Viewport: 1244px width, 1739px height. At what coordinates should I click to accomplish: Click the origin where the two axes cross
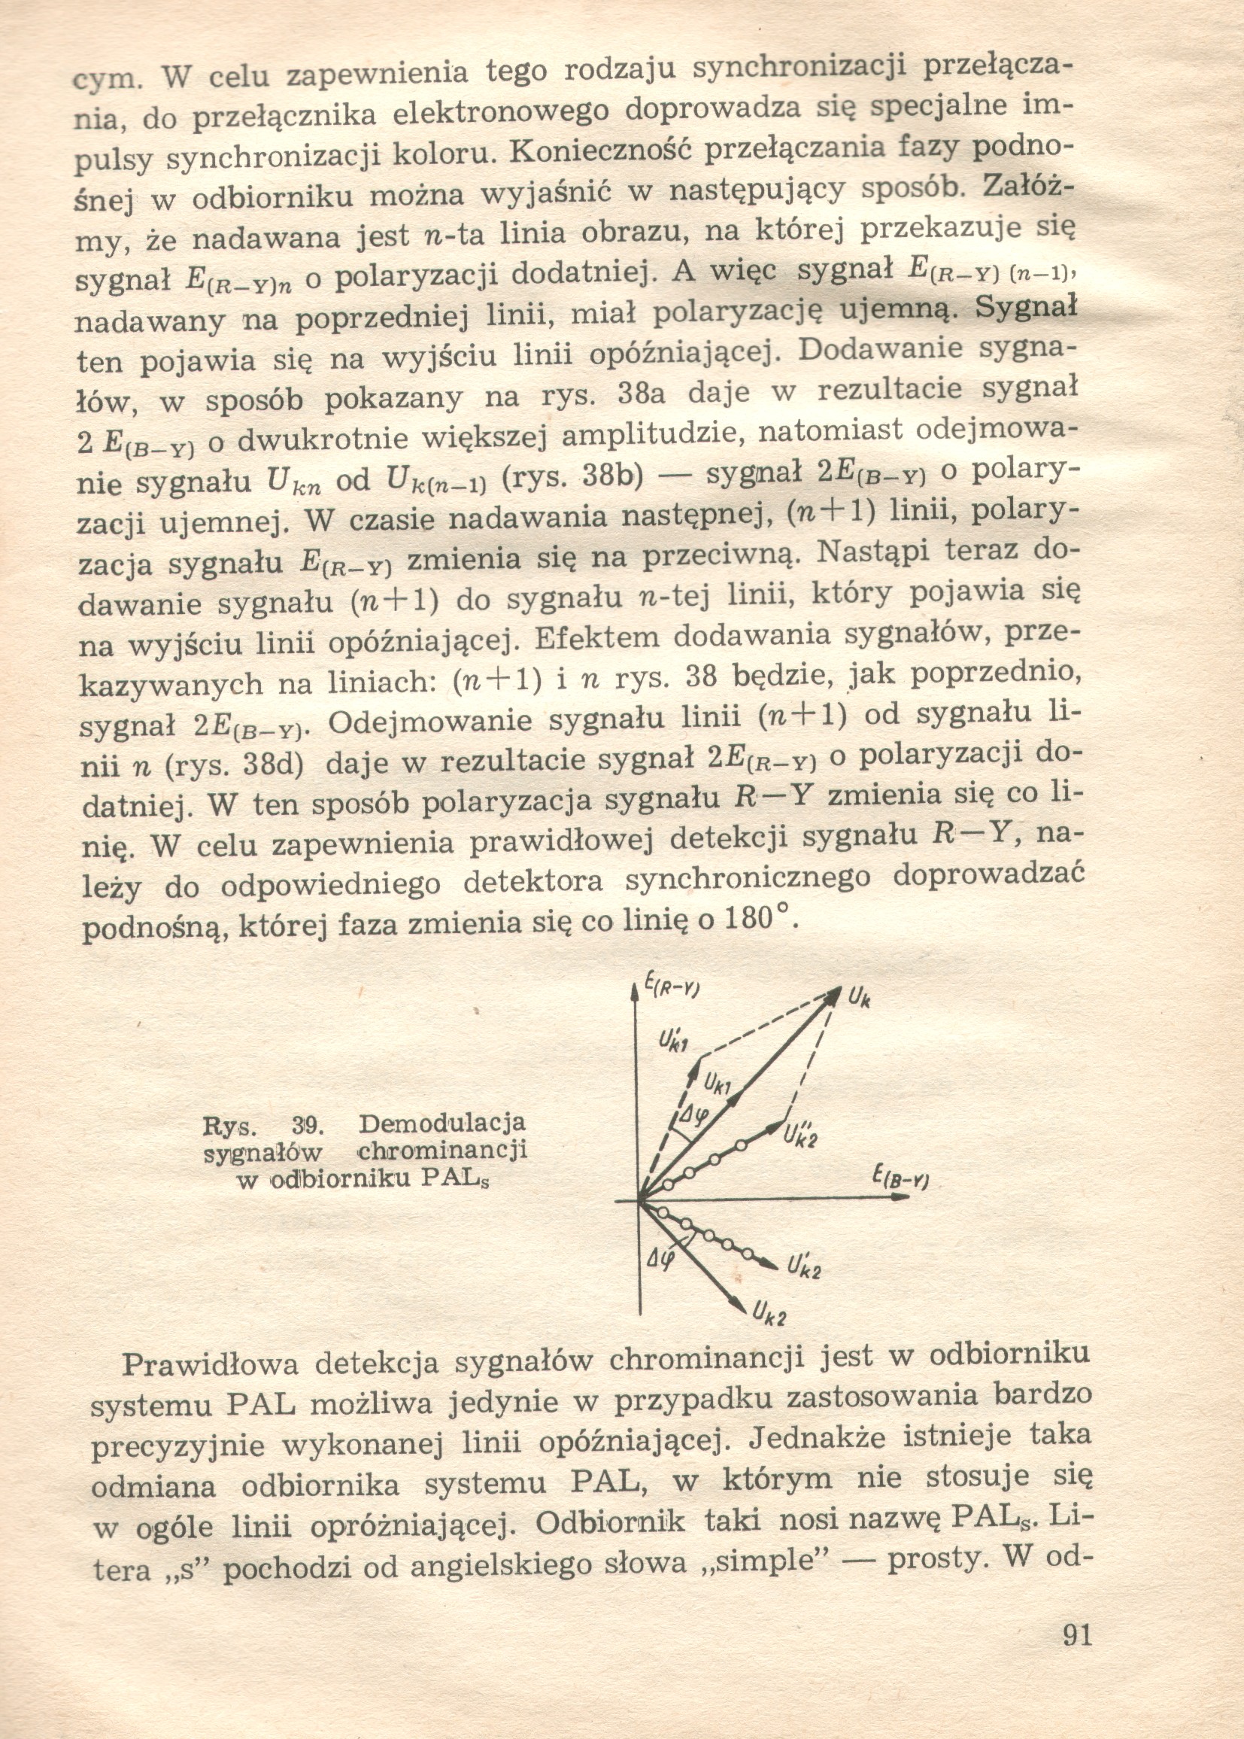pyautogui.click(x=639, y=1201)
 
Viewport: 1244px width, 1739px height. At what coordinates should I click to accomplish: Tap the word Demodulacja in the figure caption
pyautogui.click(x=442, y=1123)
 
